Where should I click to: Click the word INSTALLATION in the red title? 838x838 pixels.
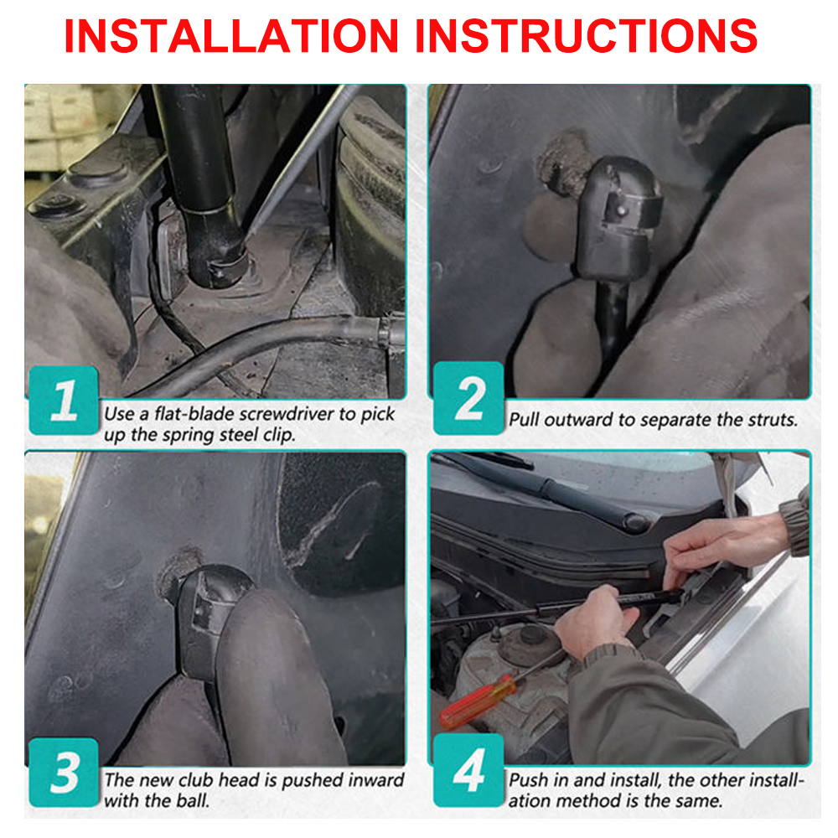[x=231, y=36]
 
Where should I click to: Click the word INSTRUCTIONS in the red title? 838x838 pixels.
[x=587, y=36]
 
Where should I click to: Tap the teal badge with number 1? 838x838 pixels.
[x=64, y=400]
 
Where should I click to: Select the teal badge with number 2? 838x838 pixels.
[x=468, y=397]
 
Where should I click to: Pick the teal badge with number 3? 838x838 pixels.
[x=64, y=772]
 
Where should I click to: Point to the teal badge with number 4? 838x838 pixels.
[x=468, y=769]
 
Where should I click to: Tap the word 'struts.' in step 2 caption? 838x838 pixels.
[x=773, y=420]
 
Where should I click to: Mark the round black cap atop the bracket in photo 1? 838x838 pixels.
[x=99, y=172]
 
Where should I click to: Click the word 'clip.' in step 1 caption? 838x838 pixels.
[x=278, y=435]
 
